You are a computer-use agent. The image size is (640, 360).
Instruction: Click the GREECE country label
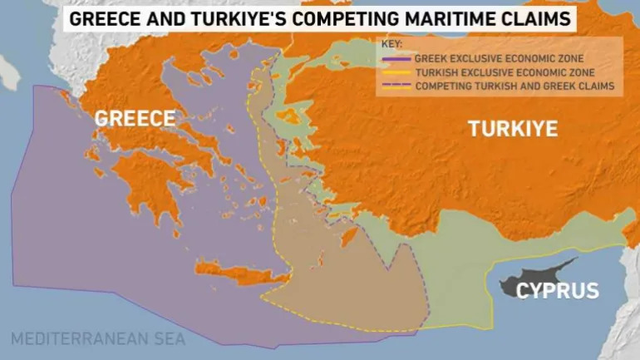pyautogui.click(x=135, y=118)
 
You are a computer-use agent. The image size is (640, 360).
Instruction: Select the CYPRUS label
pyautogui.click(x=557, y=291)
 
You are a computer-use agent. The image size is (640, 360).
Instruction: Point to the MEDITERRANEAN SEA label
pyautogui.click(x=98, y=339)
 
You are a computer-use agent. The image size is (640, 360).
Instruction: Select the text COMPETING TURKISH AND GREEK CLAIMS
pyautogui.click(x=514, y=86)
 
